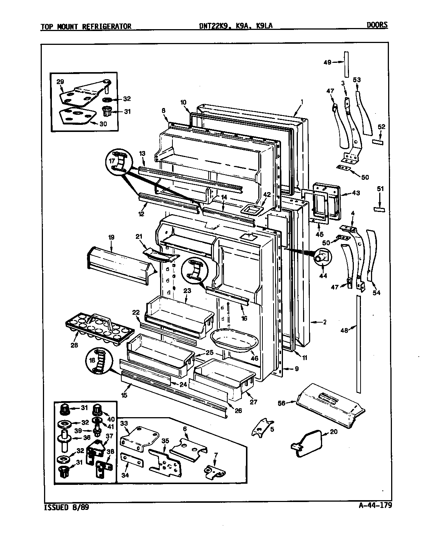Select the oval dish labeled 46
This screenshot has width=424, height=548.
pyautogui.click(x=230, y=340)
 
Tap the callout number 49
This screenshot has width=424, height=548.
pyautogui.click(x=327, y=62)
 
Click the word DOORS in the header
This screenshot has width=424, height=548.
pyautogui.click(x=377, y=25)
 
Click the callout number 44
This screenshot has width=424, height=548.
pyautogui.click(x=323, y=276)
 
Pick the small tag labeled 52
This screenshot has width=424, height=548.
pyautogui.click(x=378, y=142)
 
